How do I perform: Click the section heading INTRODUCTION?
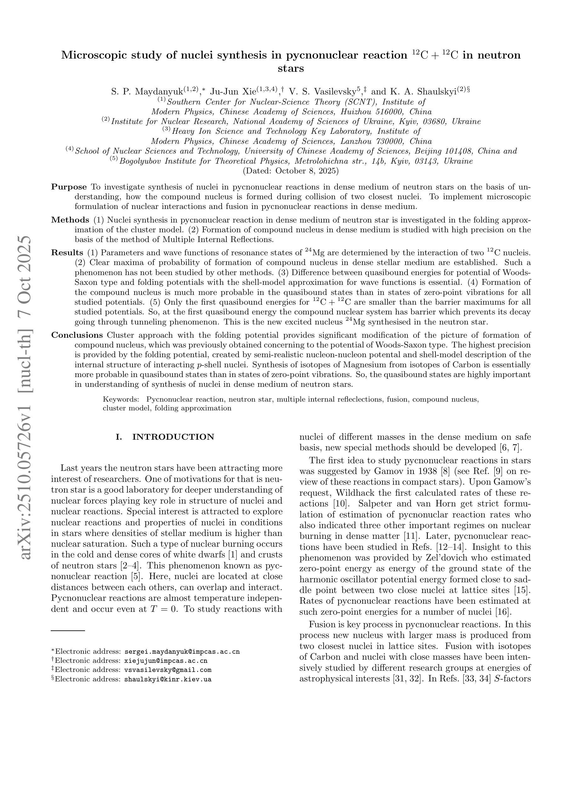coord(173,437)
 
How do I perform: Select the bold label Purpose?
coord(69,187)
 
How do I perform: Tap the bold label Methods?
coord(70,220)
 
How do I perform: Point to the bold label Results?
coord(67,253)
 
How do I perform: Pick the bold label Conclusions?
coord(77,335)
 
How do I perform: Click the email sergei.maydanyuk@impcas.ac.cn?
coord(182,652)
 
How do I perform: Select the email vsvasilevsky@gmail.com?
coord(168,670)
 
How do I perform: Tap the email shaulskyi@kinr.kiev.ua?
coord(168,679)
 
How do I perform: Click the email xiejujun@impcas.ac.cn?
coord(166,661)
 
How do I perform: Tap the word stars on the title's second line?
coord(291,68)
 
